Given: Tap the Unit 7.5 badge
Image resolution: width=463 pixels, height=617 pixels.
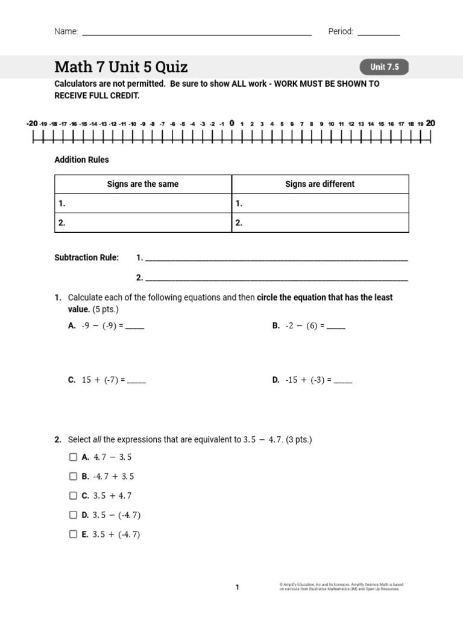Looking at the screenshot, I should click(x=385, y=67).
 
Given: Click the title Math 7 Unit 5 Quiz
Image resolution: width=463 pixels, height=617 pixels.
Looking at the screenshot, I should click(x=121, y=67).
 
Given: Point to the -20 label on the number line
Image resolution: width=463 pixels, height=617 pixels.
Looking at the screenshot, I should click(x=32, y=124).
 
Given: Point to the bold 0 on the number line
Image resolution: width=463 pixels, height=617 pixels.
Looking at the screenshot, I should click(x=231, y=124).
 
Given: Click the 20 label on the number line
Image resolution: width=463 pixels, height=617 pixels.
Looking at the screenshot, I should click(x=430, y=124).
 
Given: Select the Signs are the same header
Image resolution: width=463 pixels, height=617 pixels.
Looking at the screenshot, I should click(x=143, y=184).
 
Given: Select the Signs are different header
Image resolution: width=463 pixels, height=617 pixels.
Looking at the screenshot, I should click(x=320, y=184).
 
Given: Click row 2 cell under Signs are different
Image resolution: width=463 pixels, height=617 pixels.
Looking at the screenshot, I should click(x=320, y=222).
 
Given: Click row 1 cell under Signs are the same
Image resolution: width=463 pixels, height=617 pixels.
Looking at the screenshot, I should click(x=143, y=204).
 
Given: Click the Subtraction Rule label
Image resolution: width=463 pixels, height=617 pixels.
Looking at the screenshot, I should click(x=87, y=258).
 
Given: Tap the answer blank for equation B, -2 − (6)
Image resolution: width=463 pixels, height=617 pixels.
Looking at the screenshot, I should click(x=336, y=327).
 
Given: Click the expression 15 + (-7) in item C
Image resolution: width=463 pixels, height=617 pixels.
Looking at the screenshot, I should click(x=101, y=380).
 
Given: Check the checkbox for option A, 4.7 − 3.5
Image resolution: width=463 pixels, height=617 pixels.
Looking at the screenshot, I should click(x=73, y=457).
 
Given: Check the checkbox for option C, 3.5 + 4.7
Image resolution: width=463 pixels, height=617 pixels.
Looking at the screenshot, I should click(x=73, y=496).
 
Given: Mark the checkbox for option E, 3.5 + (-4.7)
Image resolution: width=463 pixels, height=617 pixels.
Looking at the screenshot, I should click(x=73, y=534).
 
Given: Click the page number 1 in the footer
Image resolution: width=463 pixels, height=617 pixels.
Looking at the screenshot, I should click(x=237, y=587).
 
